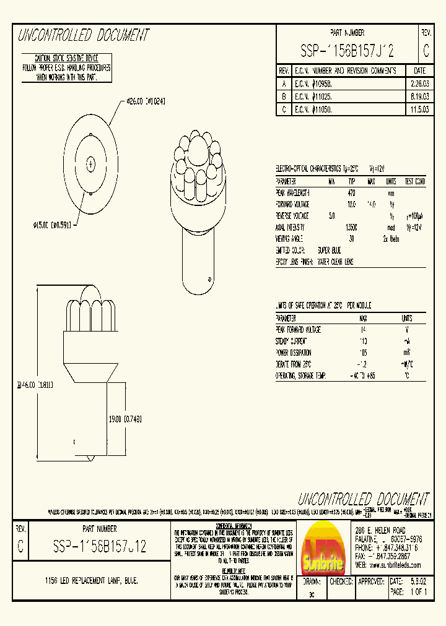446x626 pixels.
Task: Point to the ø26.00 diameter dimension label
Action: [146, 101]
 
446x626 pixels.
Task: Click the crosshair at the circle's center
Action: [91, 164]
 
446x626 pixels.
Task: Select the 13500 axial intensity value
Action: [352, 227]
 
